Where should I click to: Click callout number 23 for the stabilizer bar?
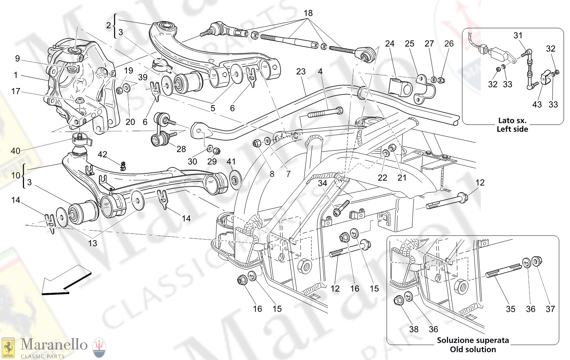point(301,72)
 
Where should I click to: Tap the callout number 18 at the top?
point(308,13)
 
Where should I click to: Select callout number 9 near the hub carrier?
point(17,58)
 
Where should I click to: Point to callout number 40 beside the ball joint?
point(15,151)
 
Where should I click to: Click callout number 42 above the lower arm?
point(102,154)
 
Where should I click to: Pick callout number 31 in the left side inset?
point(518,35)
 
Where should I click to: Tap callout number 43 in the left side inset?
point(537,104)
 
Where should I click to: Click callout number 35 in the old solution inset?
point(510,309)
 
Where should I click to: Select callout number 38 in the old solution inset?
point(414,329)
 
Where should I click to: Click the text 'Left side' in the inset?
point(512,129)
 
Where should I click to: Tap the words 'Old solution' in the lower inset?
point(473,349)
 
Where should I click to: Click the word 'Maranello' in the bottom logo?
point(54,344)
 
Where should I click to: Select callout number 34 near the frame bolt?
point(322,183)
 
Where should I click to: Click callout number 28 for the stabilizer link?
point(181,149)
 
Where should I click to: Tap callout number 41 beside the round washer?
point(231,161)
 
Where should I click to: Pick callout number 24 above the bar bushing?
point(390,43)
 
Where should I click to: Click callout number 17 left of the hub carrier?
point(16,91)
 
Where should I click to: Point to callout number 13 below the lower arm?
point(92,243)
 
